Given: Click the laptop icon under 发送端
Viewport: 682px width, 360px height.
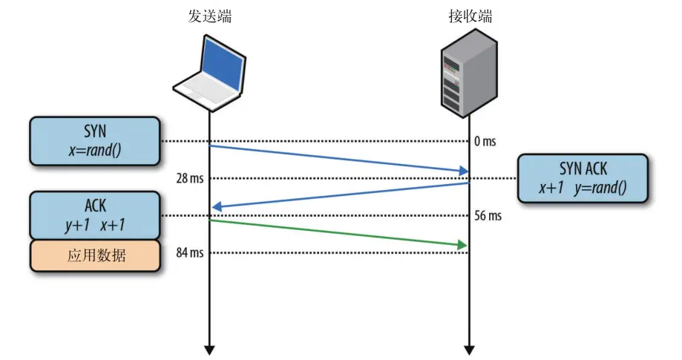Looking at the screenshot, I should [210, 73].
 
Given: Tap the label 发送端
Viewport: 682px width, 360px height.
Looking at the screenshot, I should [209, 16].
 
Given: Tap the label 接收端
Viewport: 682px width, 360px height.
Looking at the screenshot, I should [470, 16].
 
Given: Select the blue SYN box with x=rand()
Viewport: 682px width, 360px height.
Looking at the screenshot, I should [94, 140].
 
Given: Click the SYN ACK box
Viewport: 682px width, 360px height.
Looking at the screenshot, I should [583, 178].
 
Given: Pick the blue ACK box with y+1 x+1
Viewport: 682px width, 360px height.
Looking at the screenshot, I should [94, 215].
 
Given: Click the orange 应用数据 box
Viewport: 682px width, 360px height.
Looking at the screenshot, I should [94, 255].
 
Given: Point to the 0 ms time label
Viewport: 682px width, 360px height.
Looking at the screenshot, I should [485, 142].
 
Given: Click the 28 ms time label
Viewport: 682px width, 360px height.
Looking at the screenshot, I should [189, 179].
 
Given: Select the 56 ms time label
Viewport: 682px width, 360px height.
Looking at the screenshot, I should [488, 216].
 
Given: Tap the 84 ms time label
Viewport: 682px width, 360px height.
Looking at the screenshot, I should [189, 253].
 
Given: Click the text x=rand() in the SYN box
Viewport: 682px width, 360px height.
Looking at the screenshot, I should [94, 150].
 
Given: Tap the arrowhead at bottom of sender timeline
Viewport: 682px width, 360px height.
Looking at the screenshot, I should [209, 348].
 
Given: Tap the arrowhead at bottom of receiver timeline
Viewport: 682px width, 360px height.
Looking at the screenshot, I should [468, 348].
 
